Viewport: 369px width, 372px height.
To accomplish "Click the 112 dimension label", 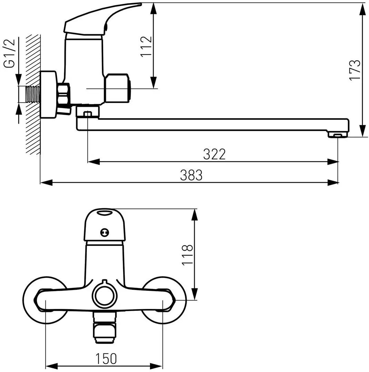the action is tap(146, 46).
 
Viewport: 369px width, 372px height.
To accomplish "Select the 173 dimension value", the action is tap(355, 70).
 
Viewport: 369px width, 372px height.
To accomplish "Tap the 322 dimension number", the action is tap(214, 154).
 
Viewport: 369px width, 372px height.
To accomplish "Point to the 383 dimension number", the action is tap(191, 175).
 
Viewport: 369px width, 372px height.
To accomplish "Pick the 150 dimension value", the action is tap(106, 359).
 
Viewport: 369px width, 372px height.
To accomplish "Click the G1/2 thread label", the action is tap(9, 53).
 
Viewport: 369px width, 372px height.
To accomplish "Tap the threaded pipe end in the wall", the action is tap(32, 94).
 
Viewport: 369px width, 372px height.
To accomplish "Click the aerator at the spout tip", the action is tap(337, 135).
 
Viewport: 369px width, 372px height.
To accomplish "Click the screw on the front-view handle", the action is tap(104, 233).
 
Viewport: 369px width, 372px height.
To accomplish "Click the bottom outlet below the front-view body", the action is tap(104, 328).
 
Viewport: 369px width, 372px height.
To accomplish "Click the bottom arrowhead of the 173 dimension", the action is tap(363, 131).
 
